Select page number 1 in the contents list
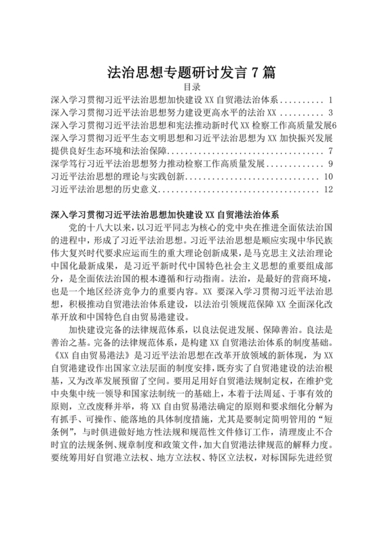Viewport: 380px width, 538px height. [329, 100]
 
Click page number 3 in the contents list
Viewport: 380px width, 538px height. [330, 113]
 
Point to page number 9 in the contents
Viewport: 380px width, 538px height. [330, 164]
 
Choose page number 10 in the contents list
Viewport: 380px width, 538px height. [328, 177]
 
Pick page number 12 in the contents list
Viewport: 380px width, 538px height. [328, 189]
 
